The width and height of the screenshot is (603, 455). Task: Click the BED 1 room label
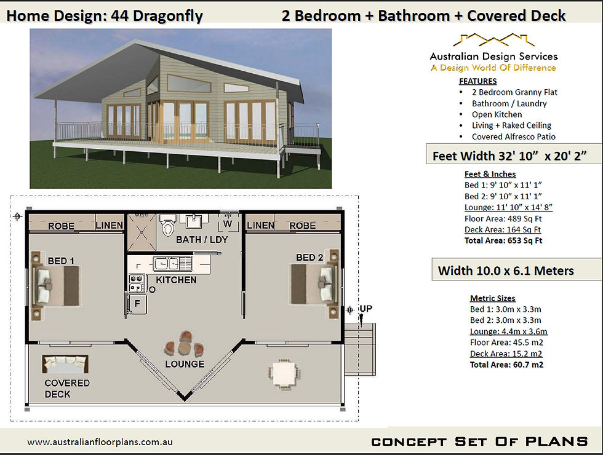(61, 261)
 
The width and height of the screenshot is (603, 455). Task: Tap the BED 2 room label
(309, 258)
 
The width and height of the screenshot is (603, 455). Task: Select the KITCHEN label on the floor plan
(176, 280)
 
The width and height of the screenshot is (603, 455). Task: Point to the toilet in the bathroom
(167, 225)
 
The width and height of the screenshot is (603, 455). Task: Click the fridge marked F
(137, 304)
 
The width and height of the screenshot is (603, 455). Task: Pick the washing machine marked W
(228, 222)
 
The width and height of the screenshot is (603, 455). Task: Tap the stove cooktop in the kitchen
(137, 283)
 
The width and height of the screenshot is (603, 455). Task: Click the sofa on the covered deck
(65, 364)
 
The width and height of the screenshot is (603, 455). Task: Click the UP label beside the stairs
(365, 309)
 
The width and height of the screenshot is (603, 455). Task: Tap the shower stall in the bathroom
(141, 232)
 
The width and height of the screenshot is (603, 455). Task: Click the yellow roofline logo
(493, 40)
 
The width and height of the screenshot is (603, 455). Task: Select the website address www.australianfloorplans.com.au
(100, 442)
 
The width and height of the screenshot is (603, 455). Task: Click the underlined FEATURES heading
(477, 81)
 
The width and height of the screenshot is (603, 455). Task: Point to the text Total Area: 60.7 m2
(506, 364)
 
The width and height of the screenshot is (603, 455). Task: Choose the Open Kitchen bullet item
(497, 114)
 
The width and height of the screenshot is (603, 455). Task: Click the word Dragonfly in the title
(167, 16)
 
